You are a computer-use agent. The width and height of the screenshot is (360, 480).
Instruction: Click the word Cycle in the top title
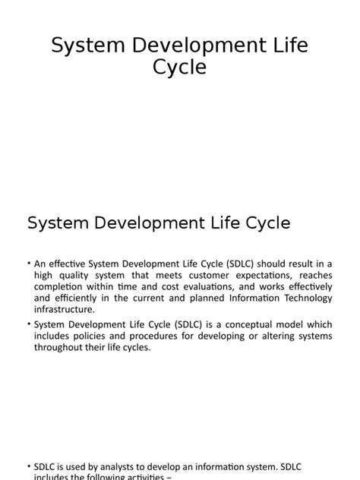point(179,68)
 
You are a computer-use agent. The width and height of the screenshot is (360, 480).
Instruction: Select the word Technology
point(304,298)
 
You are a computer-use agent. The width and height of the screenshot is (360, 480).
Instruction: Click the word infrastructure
point(64,310)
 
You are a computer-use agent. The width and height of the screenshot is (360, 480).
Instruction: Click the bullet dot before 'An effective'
point(28,263)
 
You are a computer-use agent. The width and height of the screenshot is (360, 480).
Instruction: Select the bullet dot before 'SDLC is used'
point(28,466)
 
